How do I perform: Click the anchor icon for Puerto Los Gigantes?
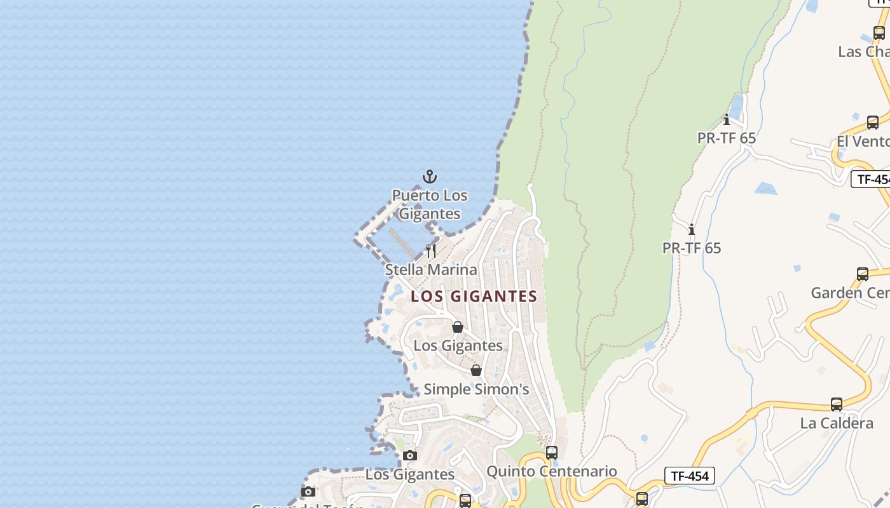(430, 176)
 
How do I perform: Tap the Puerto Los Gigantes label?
(429, 204)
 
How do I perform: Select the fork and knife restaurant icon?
(431, 250)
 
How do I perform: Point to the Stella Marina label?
(431, 270)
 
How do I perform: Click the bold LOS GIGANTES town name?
(474, 297)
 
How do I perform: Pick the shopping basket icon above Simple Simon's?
(476, 370)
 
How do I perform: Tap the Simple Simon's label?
(476, 389)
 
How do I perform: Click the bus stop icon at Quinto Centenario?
(552, 452)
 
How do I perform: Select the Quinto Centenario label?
(551, 471)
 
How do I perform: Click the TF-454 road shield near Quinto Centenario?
(690, 476)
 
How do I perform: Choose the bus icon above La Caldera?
(837, 404)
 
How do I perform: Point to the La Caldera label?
(837, 424)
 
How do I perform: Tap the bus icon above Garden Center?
(863, 274)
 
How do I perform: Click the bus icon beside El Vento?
(873, 123)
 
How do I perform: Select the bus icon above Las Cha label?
(879, 33)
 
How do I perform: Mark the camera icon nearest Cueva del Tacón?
(308, 491)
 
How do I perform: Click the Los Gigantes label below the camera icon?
(409, 474)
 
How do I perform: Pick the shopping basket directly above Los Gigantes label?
(457, 327)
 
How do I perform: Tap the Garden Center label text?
(850, 293)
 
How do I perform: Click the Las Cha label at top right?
(863, 52)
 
